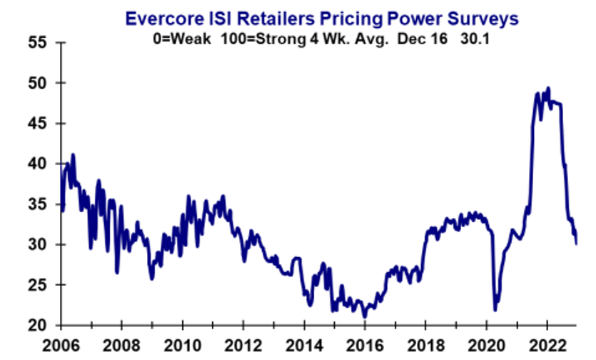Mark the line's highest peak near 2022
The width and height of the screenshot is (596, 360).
click(548, 88)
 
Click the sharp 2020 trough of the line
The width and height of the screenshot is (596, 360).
click(495, 310)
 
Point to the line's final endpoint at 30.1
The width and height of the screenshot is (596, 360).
click(577, 244)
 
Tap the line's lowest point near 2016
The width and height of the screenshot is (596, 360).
click(364, 316)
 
